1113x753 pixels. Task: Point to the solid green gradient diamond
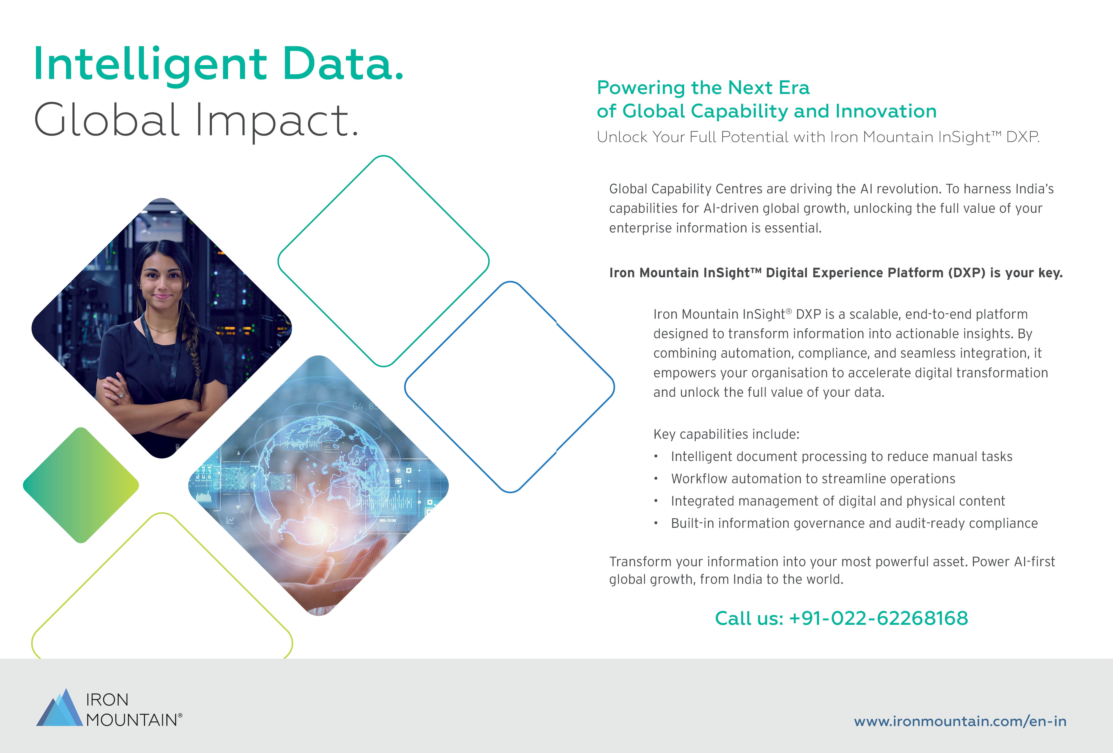(x=81, y=485)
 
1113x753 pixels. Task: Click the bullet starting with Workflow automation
(x=813, y=479)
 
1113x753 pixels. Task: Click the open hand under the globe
(x=335, y=574)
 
